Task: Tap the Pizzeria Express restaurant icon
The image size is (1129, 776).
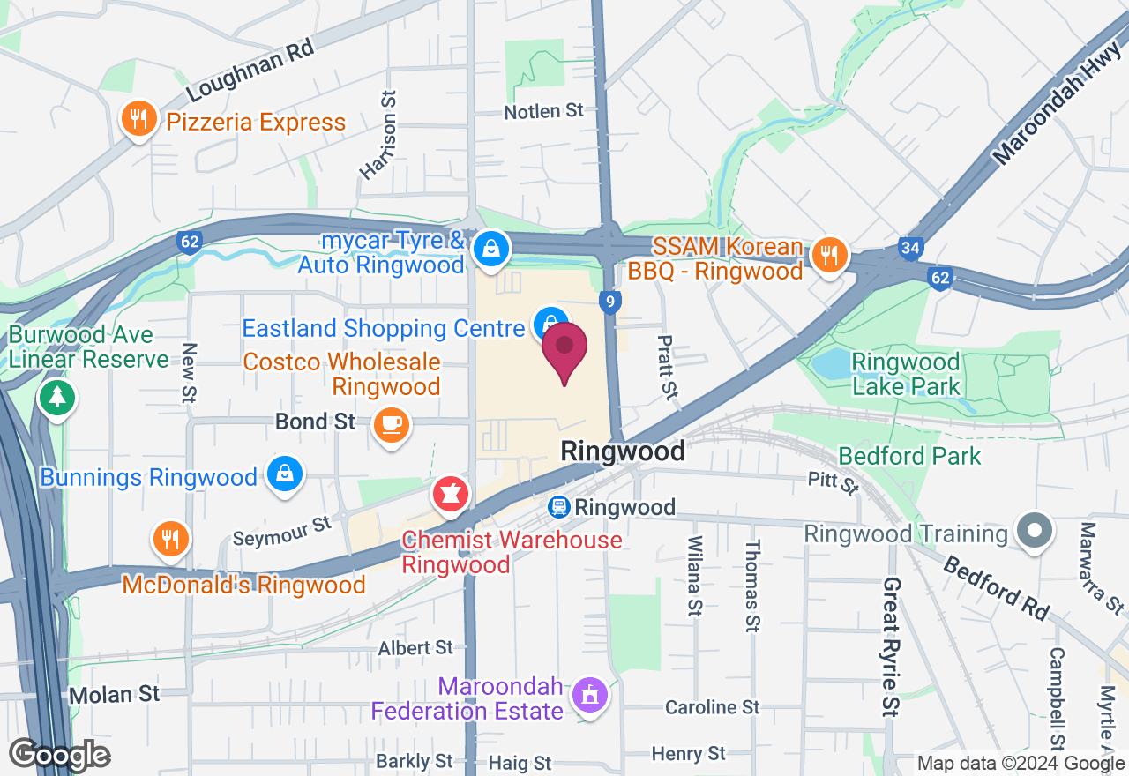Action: pyautogui.click(x=138, y=118)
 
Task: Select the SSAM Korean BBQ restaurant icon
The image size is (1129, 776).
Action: pyautogui.click(x=828, y=255)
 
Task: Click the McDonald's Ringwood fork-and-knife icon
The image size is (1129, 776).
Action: pyautogui.click(x=168, y=539)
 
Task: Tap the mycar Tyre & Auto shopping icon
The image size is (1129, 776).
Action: pyautogui.click(x=489, y=248)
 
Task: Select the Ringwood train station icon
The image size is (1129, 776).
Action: pyautogui.click(x=557, y=507)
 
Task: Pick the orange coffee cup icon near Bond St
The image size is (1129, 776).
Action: pyautogui.click(x=391, y=424)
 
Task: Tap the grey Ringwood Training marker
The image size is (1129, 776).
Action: pyautogui.click(x=1035, y=530)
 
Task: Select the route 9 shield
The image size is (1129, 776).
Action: pyautogui.click(x=609, y=302)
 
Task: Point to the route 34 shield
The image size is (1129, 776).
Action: pyautogui.click(x=910, y=248)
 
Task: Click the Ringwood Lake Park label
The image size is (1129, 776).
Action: pyautogui.click(x=905, y=374)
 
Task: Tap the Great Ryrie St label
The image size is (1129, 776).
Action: pyautogui.click(x=892, y=646)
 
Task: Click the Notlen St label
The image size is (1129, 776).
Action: pyautogui.click(x=543, y=111)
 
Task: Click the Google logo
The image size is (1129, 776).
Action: pyautogui.click(x=59, y=756)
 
